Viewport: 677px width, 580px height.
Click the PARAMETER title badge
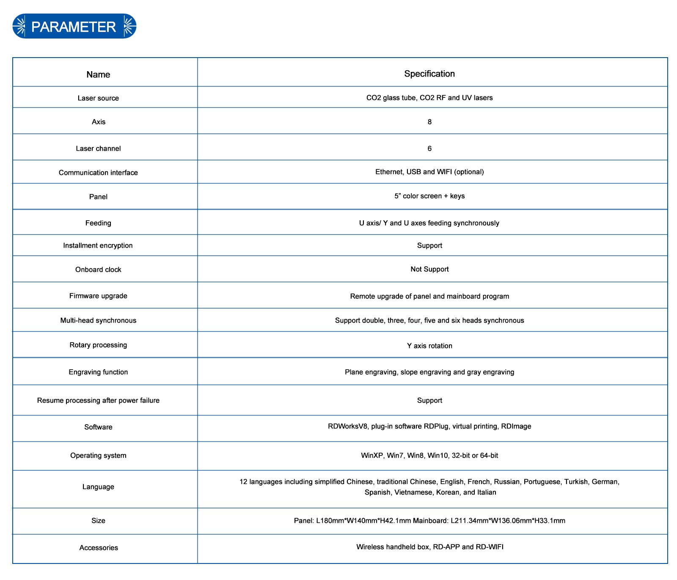[x=74, y=26]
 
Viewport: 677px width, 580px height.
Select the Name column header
[x=98, y=75]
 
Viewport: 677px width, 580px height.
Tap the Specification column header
[x=429, y=74]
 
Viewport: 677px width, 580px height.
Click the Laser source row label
[x=98, y=98]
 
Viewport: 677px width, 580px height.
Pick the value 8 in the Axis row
[x=429, y=122]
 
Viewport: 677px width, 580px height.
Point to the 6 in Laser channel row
[x=429, y=149]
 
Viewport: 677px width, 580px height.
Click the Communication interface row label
[x=98, y=173]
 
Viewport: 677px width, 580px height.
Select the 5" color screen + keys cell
[x=429, y=196]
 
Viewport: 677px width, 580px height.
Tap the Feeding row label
[x=98, y=223]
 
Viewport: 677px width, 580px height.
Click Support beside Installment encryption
[x=429, y=246]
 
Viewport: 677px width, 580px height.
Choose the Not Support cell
[x=429, y=269]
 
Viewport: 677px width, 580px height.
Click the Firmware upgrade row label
[x=98, y=296]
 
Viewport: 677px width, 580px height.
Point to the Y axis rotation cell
[x=429, y=346]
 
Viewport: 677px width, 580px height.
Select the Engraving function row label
[x=98, y=372]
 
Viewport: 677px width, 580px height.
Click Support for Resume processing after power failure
[x=429, y=400]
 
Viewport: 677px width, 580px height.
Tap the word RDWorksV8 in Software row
[x=348, y=426]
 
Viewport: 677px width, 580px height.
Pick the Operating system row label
[x=98, y=456]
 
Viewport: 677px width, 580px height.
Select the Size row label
[x=98, y=521]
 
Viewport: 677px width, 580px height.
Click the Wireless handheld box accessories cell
[x=429, y=547]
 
